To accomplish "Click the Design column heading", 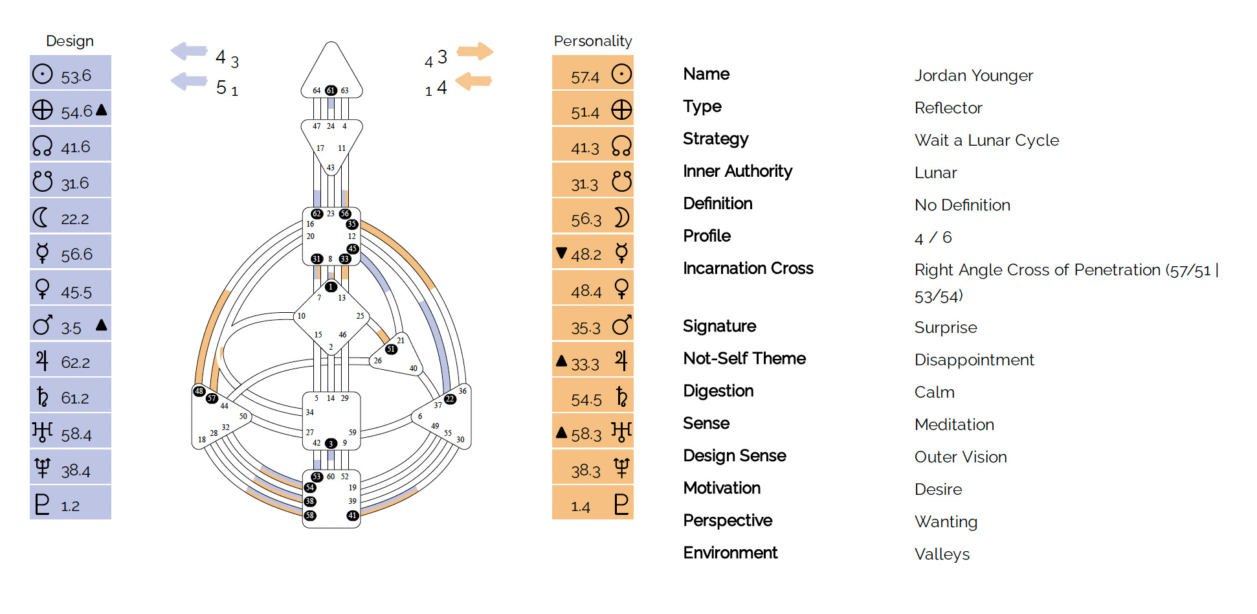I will [x=70, y=41].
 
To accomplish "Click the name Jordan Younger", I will [x=973, y=76].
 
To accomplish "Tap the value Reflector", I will [x=948, y=108].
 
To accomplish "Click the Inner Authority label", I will [x=737, y=172].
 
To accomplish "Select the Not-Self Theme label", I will [x=744, y=359].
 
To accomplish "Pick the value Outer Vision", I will [x=961, y=457].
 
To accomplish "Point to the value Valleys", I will [x=942, y=554].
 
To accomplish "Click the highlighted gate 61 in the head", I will [x=331, y=91].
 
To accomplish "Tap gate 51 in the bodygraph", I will [x=391, y=349].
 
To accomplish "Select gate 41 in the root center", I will [x=352, y=516].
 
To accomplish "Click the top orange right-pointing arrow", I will [x=476, y=51].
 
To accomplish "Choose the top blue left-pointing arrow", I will [x=188, y=51].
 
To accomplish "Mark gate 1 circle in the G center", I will [x=331, y=287].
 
